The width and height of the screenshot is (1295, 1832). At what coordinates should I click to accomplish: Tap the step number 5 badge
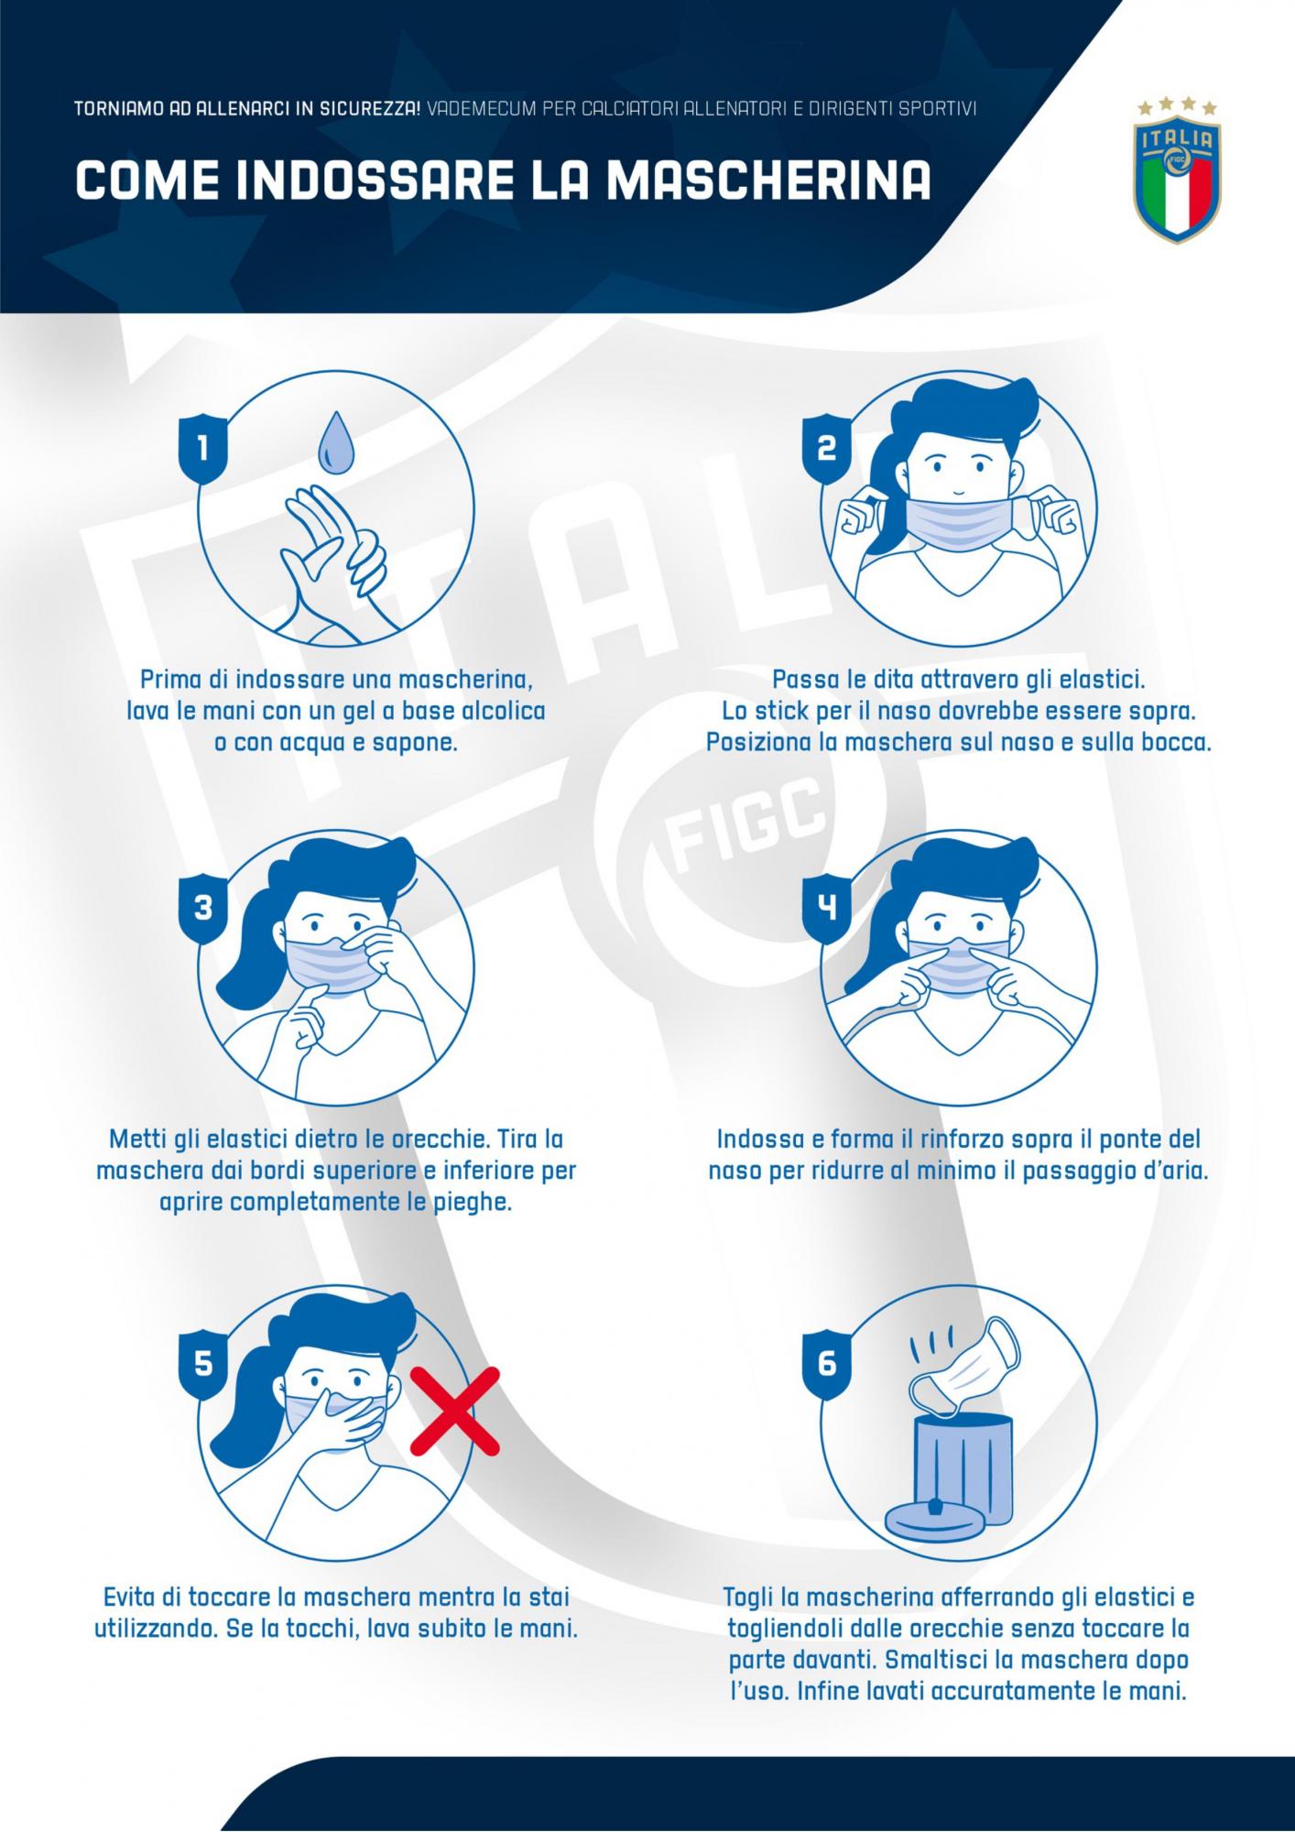(x=202, y=1364)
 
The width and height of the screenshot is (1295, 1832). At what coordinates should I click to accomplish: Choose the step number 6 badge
(x=826, y=1364)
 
